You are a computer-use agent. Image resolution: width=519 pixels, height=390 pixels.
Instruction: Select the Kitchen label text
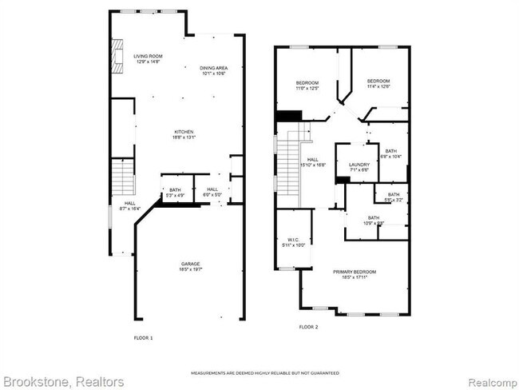point(184,134)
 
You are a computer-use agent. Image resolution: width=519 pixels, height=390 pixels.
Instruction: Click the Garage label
point(189,267)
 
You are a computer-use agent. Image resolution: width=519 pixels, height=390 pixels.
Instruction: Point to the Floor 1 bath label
point(174,193)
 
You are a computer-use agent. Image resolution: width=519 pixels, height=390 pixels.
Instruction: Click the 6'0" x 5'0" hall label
point(212,193)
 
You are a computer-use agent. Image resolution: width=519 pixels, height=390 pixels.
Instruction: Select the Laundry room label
point(359,167)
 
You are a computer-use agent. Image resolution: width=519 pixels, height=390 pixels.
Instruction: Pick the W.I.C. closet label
point(292,242)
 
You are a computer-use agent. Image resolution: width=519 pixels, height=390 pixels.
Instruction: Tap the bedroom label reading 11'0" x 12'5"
point(307,86)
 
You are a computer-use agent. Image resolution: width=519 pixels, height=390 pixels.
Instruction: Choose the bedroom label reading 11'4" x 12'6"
point(378,83)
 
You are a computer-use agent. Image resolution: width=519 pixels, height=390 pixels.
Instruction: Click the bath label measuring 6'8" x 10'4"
point(390,153)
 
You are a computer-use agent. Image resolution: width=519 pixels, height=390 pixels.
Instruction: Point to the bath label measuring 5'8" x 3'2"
point(394,197)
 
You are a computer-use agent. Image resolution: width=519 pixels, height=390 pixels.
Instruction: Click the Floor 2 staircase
point(290,160)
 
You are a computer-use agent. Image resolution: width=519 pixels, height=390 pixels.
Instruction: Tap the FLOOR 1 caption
point(143,338)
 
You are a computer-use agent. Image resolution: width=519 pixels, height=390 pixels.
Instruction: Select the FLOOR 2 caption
point(308,327)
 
